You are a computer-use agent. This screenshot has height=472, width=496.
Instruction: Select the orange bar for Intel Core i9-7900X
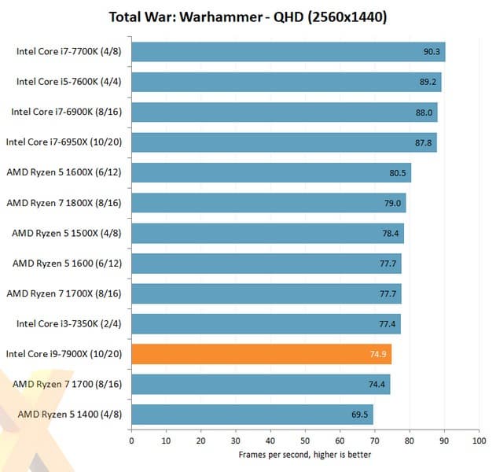(x=261, y=354)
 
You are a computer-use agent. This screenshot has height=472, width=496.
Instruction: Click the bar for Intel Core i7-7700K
(x=288, y=52)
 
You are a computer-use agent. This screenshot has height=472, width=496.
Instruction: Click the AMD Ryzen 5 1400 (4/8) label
(x=70, y=414)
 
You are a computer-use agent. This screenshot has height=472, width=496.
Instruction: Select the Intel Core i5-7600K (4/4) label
(x=69, y=82)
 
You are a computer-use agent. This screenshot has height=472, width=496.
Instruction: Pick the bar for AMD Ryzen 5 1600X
(x=270, y=172)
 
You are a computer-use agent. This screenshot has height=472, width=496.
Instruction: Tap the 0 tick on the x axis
(x=131, y=441)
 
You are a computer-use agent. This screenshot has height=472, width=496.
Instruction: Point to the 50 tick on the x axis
(x=305, y=441)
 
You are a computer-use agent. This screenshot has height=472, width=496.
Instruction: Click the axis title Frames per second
(x=304, y=455)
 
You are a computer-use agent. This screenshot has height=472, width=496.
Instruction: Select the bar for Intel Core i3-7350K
(x=266, y=323)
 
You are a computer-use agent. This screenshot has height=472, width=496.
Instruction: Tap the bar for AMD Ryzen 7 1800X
(x=268, y=203)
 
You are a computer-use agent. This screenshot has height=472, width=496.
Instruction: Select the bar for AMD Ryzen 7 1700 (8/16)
(x=260, y=384)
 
